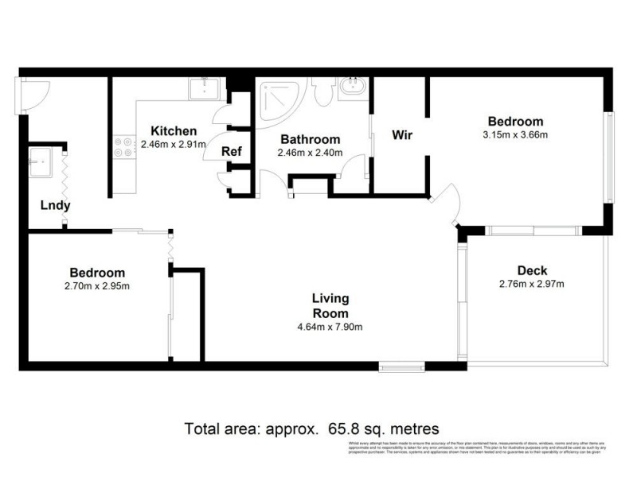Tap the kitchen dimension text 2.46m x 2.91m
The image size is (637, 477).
pyautogui.click(x=174, y=145)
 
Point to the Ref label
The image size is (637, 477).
pyautogui.click(x=232, y=152)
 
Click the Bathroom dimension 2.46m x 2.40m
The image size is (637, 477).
pyautogui.click(x=310, y=153)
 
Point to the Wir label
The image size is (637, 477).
pyautogui.click(x=401, y=134)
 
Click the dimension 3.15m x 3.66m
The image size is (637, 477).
pyautogui.click(x=515, y=134)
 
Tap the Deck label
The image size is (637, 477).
pyautogui.click(x=532, y=271)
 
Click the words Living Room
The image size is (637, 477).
pyautogui.click(x=330, y=305)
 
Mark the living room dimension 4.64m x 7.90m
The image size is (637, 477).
pyautogui.click(x=330, y=327)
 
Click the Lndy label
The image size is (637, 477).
pyautogui.click(x=56, y=206)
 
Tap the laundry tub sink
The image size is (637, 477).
pyautogui.click(x=41, y=163)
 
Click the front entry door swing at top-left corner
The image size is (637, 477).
pyautogui.click(x=33, y=95)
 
